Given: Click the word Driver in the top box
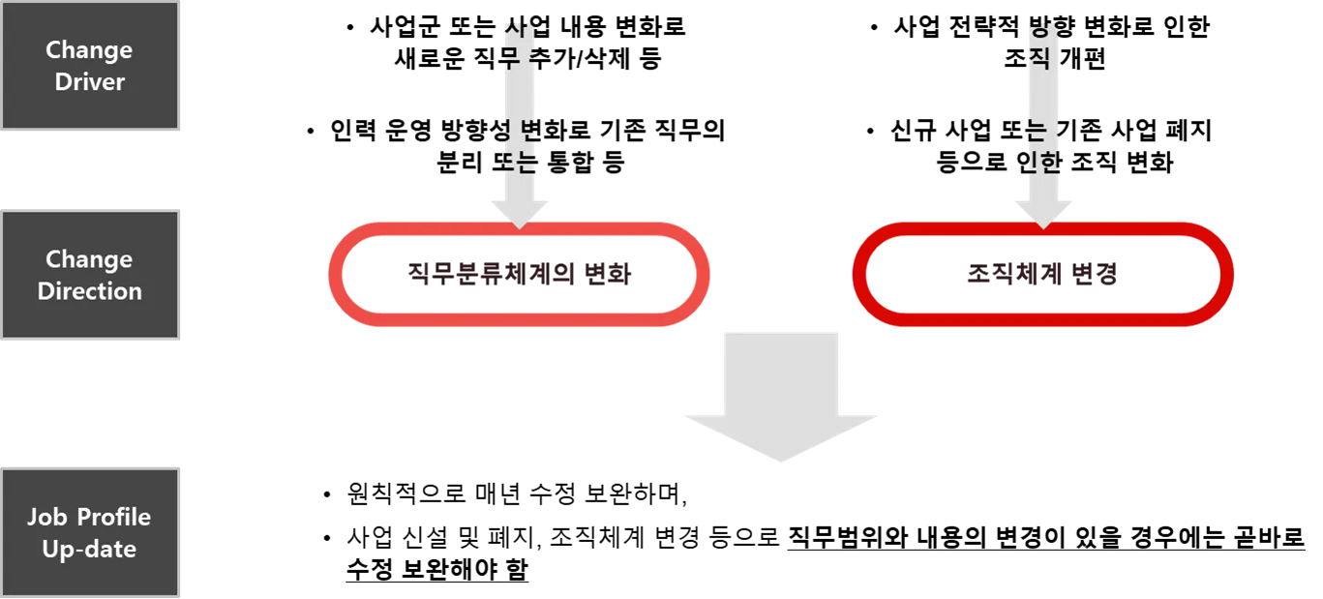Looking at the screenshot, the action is (90, 82).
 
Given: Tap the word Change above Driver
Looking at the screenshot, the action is (90, 50).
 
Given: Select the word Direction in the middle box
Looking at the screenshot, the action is (90, 291).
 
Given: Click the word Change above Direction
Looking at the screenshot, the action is (90, 259).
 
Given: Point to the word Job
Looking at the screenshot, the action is (46, 517).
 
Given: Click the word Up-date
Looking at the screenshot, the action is (90, 549).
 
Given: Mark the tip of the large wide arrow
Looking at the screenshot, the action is (782, 459).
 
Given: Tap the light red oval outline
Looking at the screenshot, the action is (339, 275).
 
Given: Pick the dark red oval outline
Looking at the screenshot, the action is (861, 275).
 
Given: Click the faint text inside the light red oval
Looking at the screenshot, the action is (520, 275).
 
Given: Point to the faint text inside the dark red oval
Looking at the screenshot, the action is (1042, 275).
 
